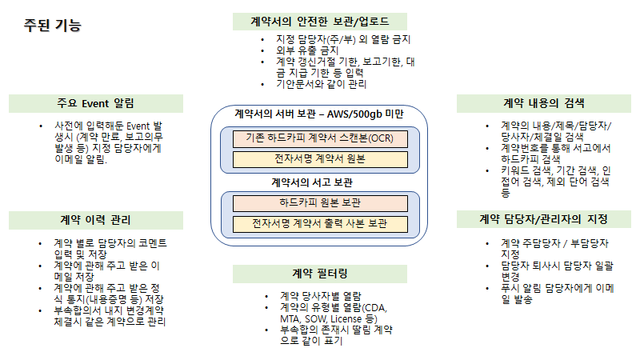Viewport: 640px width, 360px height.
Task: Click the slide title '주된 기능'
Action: [x=53, y=26]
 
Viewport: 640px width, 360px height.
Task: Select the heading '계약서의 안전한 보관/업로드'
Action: [x=319, y=22]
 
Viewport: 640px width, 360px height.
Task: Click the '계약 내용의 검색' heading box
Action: [x=544, y=103]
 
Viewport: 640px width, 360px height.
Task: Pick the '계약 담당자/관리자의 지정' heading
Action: [x=544, y=218]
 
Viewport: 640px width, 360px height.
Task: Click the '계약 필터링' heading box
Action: [x=319, y=274]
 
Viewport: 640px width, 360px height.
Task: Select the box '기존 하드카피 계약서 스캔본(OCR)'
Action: [x=319, y=138]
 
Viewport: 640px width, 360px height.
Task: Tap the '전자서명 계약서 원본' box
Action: [x=319, y=158]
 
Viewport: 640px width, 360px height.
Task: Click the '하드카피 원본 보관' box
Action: [x=319, y=203]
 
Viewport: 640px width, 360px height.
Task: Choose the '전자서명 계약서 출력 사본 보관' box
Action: [x=319, y=223]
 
